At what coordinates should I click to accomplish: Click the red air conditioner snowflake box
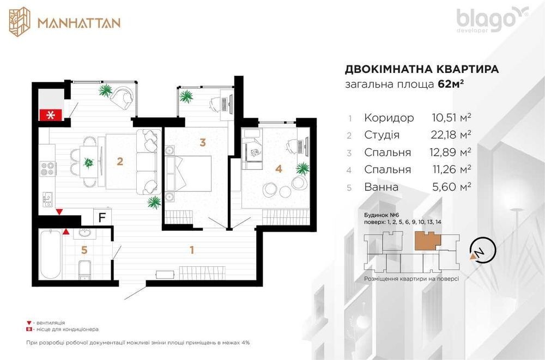[x=51, y=115]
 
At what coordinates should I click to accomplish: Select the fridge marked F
[x=102, y=217]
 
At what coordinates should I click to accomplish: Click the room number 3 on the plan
[x=203, y=142]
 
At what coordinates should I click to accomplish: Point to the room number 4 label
[x=278, y=168]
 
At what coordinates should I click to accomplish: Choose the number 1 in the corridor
[x=191, y=249]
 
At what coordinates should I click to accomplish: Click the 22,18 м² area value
[x=451, y=135]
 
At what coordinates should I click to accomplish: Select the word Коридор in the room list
[x=389, y=118]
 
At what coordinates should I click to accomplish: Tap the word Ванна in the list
[x=381, y=187]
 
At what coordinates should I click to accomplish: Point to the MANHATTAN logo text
[x=79, y=23]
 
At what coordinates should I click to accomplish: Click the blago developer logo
[x=492, y=20]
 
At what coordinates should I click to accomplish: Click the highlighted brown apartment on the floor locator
[x=427, y=241]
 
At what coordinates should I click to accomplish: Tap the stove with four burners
[x=47, y=169]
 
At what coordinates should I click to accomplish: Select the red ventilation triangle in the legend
[x=29, y=323]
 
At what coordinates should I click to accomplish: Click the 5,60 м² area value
[x=451, y=187]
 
